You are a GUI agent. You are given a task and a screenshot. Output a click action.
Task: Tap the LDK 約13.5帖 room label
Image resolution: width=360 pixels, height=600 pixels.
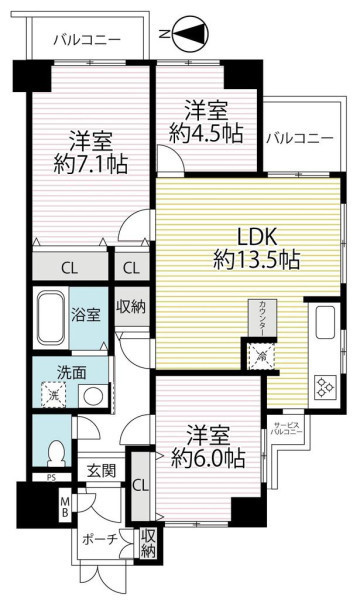[256, 248]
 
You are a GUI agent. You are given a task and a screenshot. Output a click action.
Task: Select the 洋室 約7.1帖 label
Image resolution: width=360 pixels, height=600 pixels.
[91, 153]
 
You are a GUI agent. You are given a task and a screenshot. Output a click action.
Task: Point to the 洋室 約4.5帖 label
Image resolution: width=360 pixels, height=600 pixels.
[207, 122]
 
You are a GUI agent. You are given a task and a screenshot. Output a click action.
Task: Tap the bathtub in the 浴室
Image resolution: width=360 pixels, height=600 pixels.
[50, 318]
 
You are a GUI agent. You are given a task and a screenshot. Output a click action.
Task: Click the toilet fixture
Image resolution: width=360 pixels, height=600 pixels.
[55, 453]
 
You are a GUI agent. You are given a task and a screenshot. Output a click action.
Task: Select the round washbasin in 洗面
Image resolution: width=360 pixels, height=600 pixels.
[93, 396]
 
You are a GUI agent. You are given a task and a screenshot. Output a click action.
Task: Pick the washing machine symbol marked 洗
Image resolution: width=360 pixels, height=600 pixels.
[54, 396]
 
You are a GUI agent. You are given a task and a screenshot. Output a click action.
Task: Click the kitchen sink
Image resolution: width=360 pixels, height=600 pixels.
[326, 323]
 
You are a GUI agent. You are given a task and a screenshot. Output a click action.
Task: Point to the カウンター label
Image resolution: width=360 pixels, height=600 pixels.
[262, 319]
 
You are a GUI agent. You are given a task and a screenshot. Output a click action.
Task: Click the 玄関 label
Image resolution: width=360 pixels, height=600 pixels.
[101, 470]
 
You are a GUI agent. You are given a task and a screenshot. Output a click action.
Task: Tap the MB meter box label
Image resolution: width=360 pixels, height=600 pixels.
[65, 505]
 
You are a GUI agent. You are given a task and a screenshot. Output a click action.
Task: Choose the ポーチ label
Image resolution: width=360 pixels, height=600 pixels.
[99, 539]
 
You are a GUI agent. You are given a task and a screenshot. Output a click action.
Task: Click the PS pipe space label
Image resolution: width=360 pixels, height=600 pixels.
[51, 478]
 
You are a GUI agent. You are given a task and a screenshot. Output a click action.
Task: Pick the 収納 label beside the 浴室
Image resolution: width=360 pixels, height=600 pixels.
[132, 307]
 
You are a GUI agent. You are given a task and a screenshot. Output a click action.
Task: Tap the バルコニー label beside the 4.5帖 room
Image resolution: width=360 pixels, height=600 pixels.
[300, 138]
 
